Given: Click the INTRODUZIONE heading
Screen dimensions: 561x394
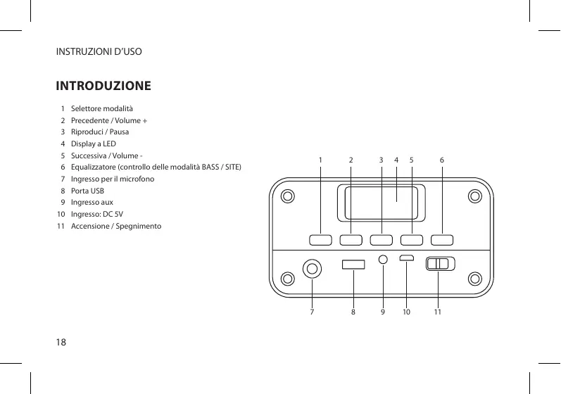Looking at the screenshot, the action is point(103,87).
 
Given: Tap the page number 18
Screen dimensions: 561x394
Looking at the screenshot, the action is point(61,343).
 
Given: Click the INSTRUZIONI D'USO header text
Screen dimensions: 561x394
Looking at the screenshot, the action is point(99,52).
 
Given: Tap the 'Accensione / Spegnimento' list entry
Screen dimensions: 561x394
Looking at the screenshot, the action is point(116,226).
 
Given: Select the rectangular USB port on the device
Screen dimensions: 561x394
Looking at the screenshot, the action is point(353,265).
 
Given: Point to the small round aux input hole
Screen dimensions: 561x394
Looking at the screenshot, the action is point(383,259).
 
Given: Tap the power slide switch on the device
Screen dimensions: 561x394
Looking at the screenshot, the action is point(441,264).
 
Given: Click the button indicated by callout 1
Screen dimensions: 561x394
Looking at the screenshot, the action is point(320,239).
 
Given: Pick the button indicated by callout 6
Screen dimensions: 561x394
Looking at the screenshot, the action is point(442,239).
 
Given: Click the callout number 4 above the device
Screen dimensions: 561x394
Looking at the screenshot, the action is point(396,160).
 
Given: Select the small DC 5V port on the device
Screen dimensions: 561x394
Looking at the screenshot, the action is point(407,258).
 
